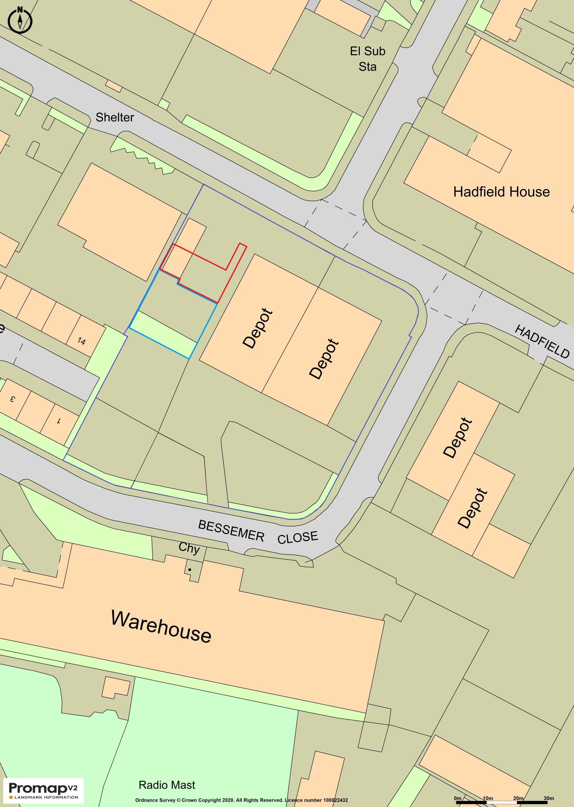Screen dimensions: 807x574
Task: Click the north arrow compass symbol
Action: pos(20,20)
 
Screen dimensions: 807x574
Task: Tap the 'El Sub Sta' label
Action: pos(367,59)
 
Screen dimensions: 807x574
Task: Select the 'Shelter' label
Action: pos(115,117)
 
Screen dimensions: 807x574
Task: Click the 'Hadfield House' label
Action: pos(501,192)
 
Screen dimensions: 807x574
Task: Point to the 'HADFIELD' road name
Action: pos(542,341)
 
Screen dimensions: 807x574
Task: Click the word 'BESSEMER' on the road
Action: pos(231,531)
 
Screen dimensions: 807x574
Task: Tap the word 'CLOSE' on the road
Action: pos(298,537)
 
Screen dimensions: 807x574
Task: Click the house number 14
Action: pos(81,341)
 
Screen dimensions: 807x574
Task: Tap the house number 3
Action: pos(13,399)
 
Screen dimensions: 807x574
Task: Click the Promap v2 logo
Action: pos(43,787)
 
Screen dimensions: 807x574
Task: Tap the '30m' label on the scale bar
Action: pos(548,798)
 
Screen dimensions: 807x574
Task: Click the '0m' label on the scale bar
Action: pos(457,798)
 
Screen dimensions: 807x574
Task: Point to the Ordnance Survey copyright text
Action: pos(242,800)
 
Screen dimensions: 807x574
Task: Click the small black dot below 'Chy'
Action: pos(190,570)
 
